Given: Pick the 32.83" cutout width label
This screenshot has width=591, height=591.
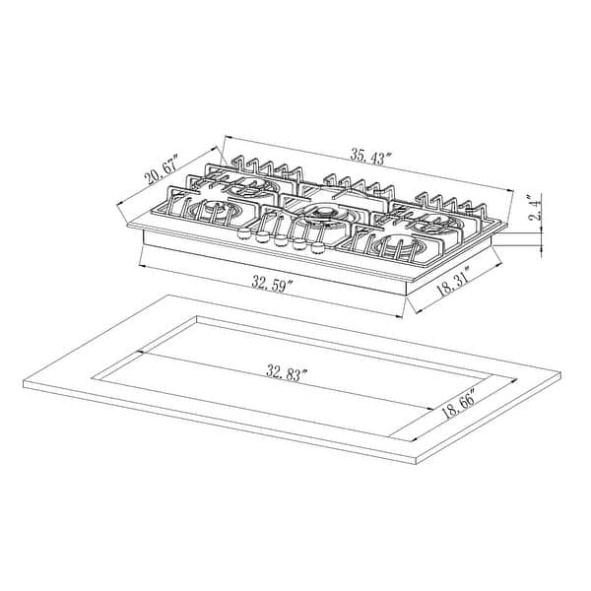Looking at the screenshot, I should coord(288,373).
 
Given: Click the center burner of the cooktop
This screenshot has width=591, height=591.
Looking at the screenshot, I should coord(322,214).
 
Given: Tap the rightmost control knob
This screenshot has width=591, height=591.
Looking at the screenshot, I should coord(318,247).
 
